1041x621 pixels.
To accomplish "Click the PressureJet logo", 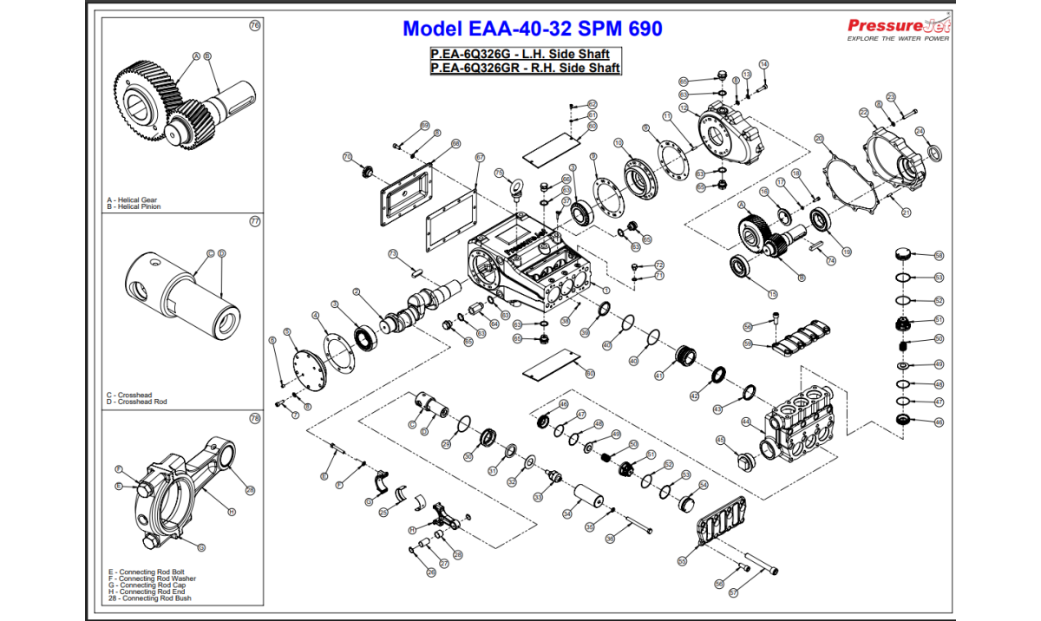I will [x=898, y=28].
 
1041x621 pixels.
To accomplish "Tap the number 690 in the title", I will [x=643, y=29].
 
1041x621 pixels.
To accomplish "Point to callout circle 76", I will [x=254, y=25].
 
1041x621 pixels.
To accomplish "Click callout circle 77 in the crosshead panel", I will [x=254, y=221].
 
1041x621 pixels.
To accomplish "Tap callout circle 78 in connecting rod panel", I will [x=254, y=418].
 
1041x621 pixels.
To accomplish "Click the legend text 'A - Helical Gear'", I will [x=132, y=200].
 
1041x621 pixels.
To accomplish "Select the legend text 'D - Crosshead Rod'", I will [x=136, y=402].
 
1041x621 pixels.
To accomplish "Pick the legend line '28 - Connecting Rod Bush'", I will [x=149, y=598].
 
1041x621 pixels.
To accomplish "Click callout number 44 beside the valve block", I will [x=746, y=422].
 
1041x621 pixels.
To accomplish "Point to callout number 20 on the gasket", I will [x=819, y=138].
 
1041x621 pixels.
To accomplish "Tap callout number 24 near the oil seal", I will [x=920, y=131].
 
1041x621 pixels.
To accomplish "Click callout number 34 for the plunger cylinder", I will [x=566, y=513].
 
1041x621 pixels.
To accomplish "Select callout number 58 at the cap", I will [x=939, y=256].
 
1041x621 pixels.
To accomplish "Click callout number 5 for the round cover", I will [x=287, y=332].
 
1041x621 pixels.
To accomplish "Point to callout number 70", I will [x=347, y=157].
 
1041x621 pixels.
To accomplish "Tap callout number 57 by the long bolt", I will [x=732, y=592].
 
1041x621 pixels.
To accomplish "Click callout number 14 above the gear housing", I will [x=763, y=64].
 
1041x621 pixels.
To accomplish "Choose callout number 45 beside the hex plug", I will [x=720, y=440].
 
